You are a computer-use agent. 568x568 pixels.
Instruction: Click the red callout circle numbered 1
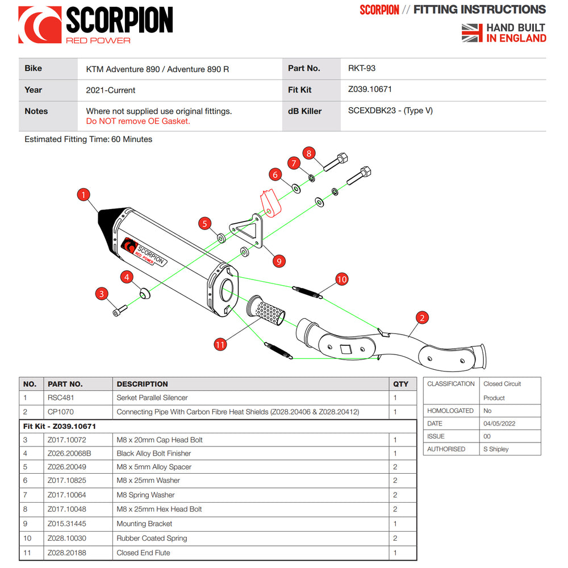point(83,195)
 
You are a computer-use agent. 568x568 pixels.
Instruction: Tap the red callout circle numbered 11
point(220,344)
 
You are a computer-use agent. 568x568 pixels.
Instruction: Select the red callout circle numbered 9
point(278,261)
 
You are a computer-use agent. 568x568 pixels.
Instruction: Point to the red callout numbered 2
point(421,318)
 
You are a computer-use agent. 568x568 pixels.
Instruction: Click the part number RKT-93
point(362,68)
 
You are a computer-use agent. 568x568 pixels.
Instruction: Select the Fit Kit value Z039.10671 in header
point(370,89)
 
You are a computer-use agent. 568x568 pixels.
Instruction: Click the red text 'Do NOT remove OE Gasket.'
point(138,121)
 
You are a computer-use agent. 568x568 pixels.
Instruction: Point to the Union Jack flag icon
point(472,32)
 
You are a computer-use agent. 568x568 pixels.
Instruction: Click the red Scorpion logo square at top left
point(40,24)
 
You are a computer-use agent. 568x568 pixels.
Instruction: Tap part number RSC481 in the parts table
point(61,398)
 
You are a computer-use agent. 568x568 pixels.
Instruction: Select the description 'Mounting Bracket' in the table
point(144,524)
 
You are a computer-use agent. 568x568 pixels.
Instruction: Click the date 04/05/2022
point(499,423)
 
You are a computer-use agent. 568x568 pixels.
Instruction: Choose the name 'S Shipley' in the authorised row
point(496,449)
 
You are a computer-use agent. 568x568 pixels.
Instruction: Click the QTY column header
point(400,384)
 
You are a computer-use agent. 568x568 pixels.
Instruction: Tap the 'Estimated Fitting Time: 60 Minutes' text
point(89,139)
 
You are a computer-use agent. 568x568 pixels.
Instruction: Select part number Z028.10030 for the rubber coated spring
point(68,538)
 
